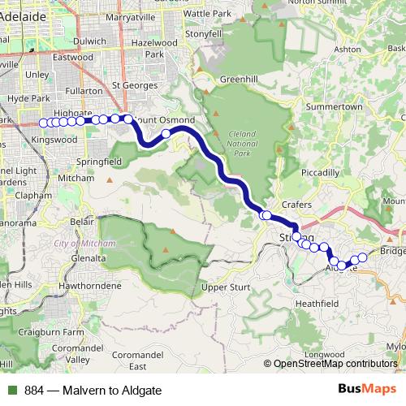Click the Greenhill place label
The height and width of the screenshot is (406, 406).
[x=238, y=80]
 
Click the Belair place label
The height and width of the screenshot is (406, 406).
[x=83, y=220]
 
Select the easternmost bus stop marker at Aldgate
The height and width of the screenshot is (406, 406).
[x=363, y=257]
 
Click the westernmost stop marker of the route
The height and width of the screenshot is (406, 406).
[x=43, y=123]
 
